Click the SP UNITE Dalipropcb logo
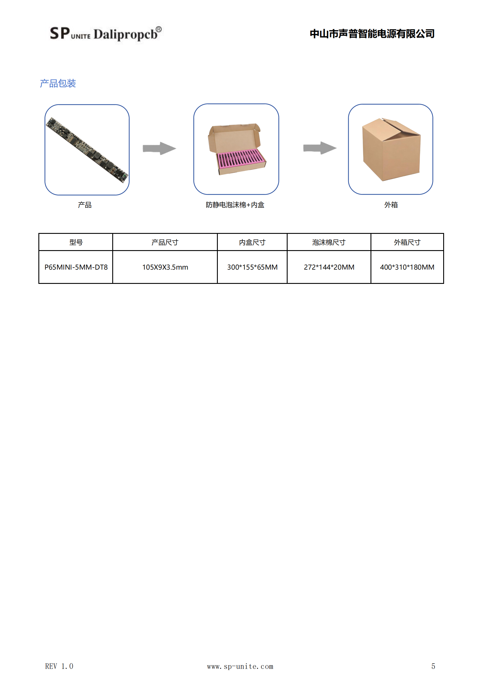[106, 33]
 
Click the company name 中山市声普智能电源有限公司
[372, 34]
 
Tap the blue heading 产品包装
[58, 83]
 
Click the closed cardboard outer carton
[391, 149]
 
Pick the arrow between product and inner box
[159, 148]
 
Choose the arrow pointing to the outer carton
[320, 148]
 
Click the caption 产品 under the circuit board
[85, 205]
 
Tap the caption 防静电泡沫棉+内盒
[235, 205]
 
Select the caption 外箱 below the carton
[391, 205]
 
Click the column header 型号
[76, 242]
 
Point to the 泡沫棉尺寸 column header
[329, 242]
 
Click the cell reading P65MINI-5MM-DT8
[76, 267]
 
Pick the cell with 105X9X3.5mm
[165, 267]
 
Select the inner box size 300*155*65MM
[252, 267]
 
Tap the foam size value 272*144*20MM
[329, 267]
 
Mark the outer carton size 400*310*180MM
[407, 267]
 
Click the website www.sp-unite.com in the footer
[240, 666]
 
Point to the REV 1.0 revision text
[59, 666]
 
